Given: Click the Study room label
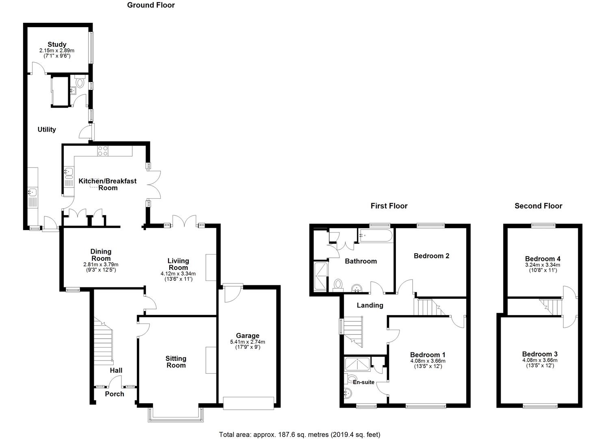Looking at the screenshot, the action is coord(57,44).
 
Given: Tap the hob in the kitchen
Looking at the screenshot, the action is coord(103,151).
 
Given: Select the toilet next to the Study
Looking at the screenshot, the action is coord(80,81).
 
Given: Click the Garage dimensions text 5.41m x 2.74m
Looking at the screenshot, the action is coord(247,342).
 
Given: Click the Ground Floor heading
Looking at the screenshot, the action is coord(151,5).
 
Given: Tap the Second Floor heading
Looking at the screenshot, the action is coord(538,206).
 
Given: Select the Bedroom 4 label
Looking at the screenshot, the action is coord(542,259).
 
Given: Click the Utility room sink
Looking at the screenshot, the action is coord(32,192).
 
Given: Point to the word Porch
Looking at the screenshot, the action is coord(115,394).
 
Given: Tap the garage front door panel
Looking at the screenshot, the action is coord(249,403).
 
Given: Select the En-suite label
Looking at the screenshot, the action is coord(363,382).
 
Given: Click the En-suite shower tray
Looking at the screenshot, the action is coord(357,364).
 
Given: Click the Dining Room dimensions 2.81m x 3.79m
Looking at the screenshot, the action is coord(101,264).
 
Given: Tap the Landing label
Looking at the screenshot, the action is coord(370,305).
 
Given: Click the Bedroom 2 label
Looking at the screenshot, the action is coord(432,256).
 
